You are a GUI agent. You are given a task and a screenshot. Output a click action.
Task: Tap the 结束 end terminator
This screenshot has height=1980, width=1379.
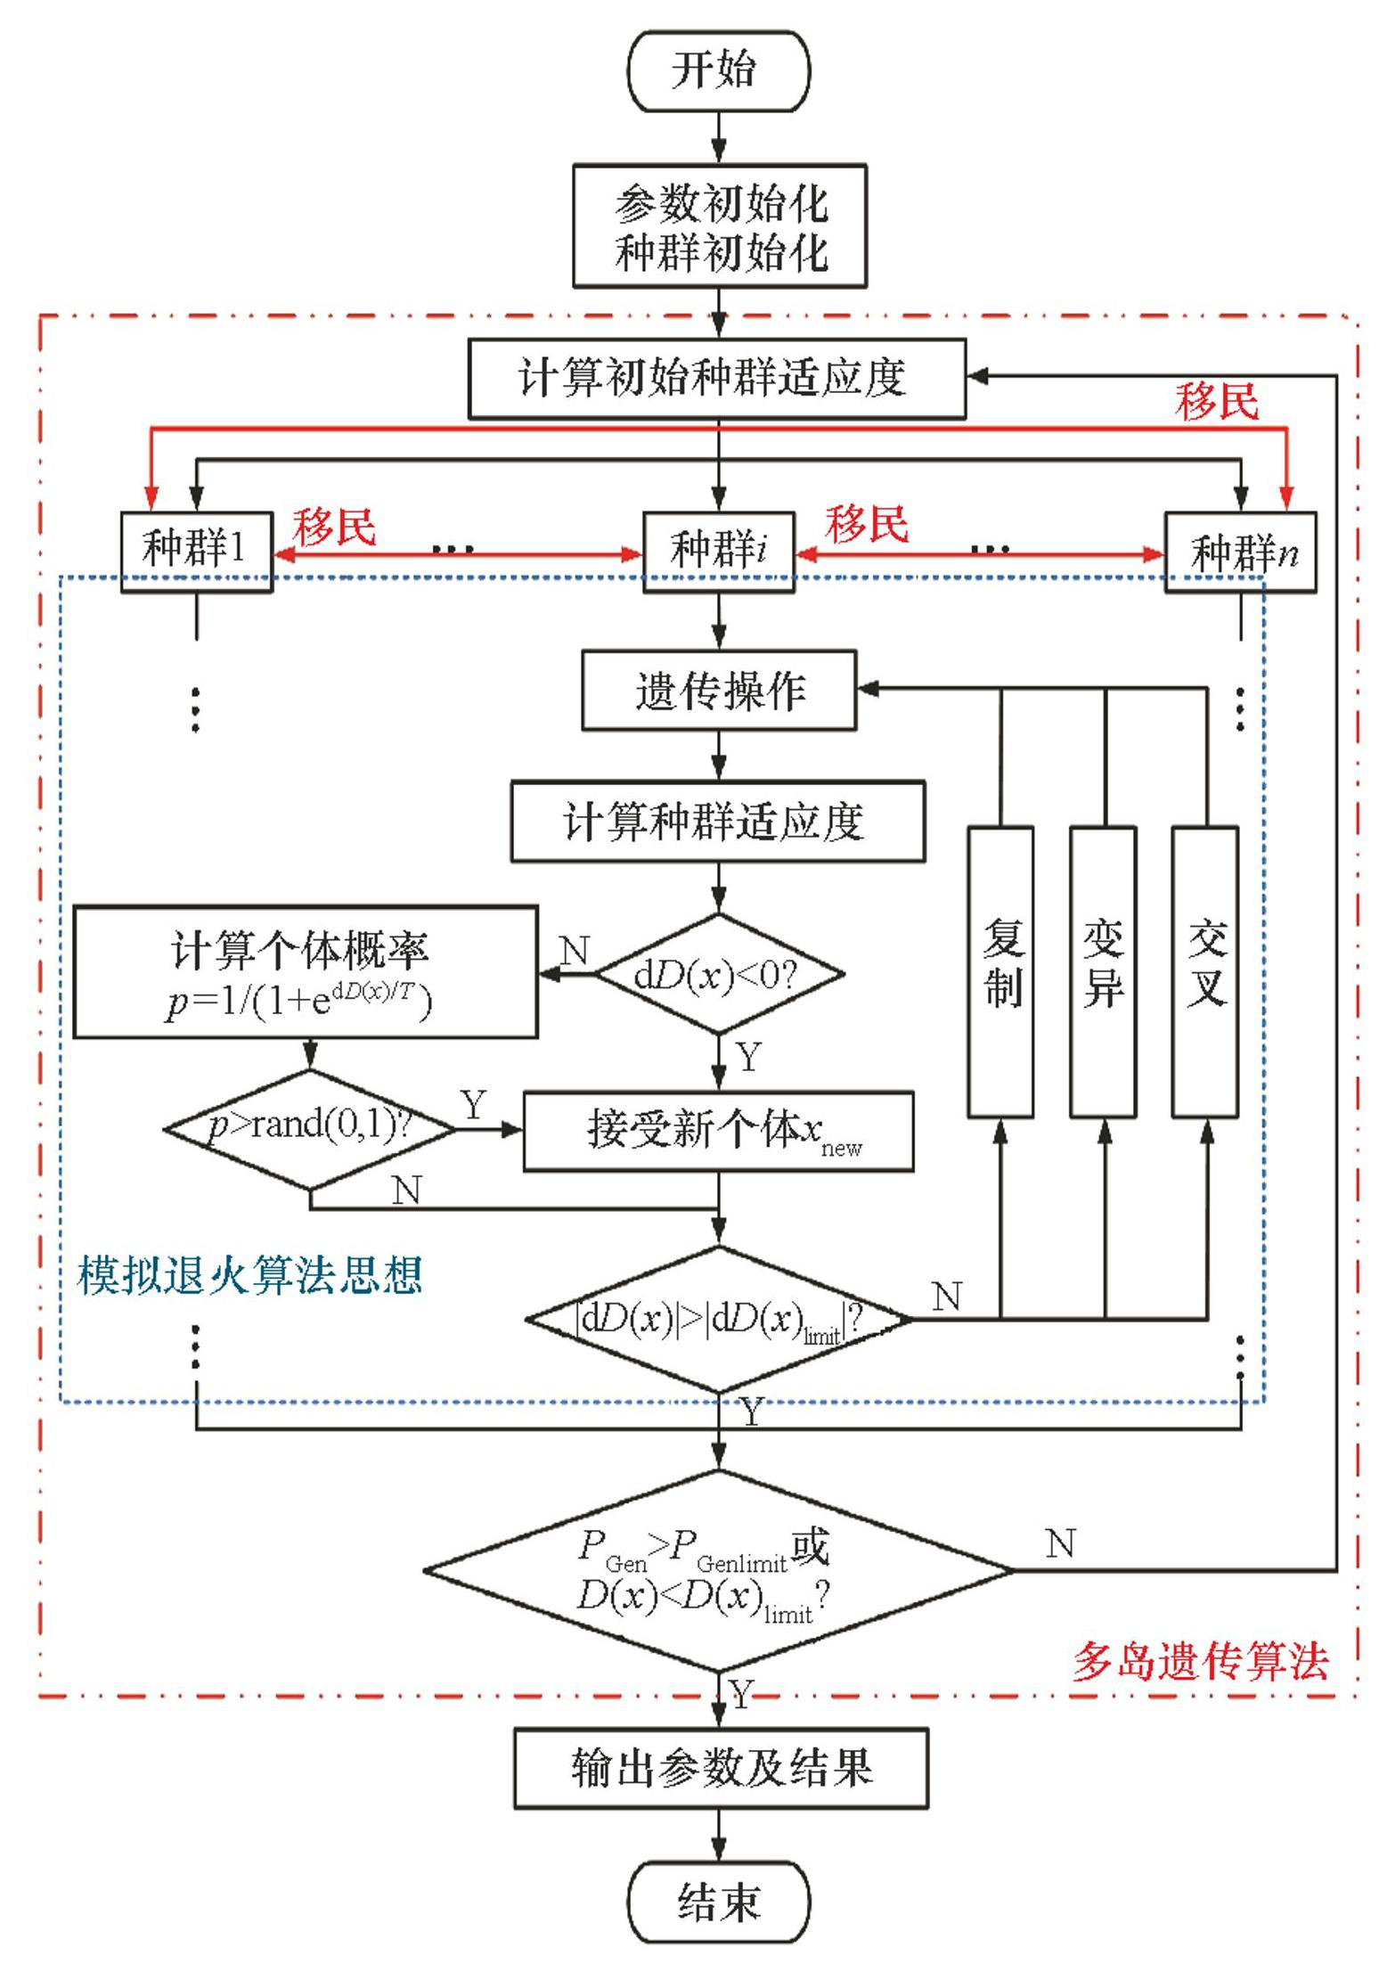719,1902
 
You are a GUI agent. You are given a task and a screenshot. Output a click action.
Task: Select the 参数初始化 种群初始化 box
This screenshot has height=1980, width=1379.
720,226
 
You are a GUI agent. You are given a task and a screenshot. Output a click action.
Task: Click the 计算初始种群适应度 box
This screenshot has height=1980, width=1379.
717,378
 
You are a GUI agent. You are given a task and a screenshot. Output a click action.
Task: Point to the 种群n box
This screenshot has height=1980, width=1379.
1241,552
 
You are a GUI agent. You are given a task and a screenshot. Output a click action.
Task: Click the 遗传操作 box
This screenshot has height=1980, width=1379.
719,691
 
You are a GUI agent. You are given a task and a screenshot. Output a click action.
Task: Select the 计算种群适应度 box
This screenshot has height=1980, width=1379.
717,822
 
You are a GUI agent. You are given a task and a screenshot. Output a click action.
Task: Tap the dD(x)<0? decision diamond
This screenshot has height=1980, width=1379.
719,974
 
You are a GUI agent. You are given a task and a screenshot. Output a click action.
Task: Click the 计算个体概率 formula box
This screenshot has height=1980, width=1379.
306,972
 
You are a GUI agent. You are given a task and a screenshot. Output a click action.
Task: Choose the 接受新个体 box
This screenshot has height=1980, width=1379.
718,1131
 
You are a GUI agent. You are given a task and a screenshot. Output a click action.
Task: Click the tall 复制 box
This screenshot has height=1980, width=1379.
1000,971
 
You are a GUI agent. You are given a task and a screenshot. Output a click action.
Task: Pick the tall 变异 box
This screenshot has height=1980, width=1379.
1103,971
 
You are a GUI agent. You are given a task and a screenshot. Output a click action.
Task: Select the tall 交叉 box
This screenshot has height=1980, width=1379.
1205,971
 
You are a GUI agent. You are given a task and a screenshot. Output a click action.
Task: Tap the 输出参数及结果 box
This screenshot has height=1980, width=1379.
721,1768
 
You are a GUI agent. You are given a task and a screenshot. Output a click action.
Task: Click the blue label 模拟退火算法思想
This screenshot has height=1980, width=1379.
249,1275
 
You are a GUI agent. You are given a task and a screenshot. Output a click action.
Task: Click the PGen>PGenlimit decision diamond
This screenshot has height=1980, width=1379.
719,1570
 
